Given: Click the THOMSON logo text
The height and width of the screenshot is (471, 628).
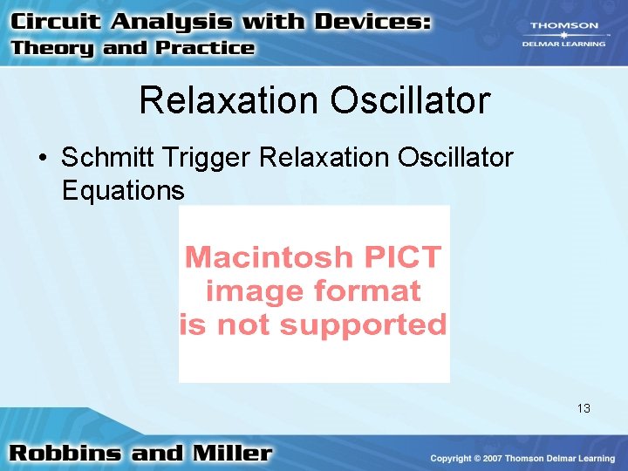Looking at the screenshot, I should pos(565,26).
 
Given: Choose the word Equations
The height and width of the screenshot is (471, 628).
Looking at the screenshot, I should pos(123,190).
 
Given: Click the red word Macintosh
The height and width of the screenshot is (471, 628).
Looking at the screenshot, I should pos(261,257).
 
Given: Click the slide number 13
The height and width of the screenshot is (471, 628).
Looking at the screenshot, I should pos(584,408).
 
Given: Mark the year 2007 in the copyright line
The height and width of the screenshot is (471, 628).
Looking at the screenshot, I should pos(508,459).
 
